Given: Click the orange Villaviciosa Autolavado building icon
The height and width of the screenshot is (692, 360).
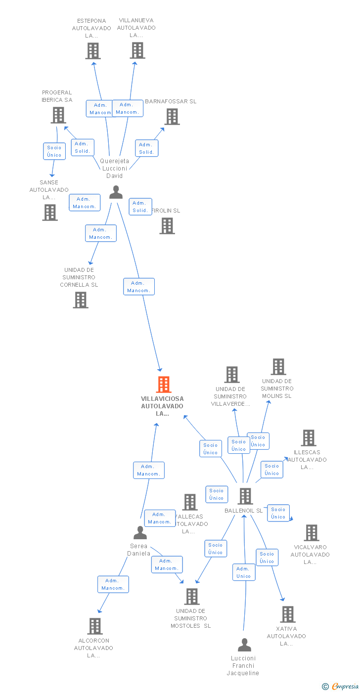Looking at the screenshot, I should click(x=164, y=384).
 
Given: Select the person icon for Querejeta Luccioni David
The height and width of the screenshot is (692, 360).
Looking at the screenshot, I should click(x=116, y=192).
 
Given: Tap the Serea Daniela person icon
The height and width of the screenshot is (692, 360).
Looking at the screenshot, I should click(x=140, y=532).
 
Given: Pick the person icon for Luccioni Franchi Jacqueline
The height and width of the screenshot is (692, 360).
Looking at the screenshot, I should click(x=244, y=645).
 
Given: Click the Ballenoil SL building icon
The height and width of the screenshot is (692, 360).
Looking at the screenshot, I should click(x=245, y=496).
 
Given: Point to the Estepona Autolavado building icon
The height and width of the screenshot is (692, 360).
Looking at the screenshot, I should click(x=93, y=50).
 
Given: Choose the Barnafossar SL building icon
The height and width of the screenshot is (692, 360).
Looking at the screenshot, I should click(x=172, y=117).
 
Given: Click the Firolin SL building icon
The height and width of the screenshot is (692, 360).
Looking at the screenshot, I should click(x=167, y=226).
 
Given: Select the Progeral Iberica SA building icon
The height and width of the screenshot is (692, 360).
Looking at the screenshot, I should click(x=58, y=115).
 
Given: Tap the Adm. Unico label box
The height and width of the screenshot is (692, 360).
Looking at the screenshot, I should click(x=244, y=572).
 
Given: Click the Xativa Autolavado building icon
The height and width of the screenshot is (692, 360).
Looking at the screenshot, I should click(x=287, y=614).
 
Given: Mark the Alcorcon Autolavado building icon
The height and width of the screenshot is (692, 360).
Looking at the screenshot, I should click(x=95, y=626).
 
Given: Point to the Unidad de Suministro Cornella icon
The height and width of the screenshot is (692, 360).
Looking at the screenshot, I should click(x=81, y=300).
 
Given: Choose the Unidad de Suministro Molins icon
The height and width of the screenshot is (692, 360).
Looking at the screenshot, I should click(x=278, y=367).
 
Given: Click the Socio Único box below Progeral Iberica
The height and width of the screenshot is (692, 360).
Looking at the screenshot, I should click(x=54, y=151).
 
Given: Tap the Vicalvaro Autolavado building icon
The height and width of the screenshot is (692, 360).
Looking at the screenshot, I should click(x=312, y=533).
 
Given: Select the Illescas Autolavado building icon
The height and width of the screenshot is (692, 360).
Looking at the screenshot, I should click(x=309, y=438).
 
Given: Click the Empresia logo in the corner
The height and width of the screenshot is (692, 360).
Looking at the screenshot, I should click(x=341, y=686).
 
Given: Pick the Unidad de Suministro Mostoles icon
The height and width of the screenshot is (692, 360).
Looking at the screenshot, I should click(x=192, y=597).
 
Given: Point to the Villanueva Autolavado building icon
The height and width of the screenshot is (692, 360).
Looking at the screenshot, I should click(x=137, y=50).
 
